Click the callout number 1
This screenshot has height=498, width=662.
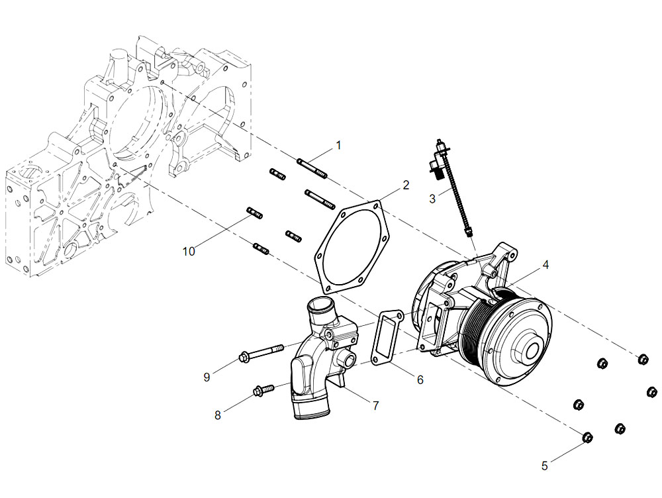click(338, 145)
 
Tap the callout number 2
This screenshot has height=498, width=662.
click(406, 185)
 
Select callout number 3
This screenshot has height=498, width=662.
click(432, 199)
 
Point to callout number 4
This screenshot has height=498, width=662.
click(545, 265)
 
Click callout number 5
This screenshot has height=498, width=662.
click(545, 466)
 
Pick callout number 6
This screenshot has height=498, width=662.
click(420, 379)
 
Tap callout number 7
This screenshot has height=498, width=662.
click(376, 405)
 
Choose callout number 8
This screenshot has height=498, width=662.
click(217, 415)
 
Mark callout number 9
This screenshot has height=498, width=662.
click(207, 377)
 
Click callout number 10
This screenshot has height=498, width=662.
click(189, 252)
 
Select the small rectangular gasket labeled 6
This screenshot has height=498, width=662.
click(387, 338)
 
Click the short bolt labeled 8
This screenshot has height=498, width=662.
click(263, 389)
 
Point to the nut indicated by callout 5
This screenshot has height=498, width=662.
click(587, 438)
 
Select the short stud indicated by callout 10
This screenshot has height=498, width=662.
click(255, 213)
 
